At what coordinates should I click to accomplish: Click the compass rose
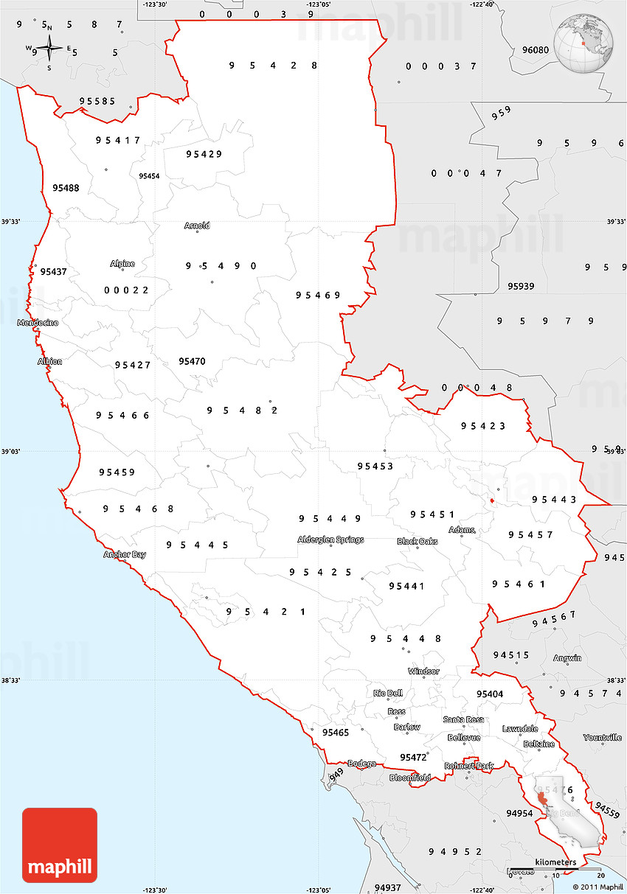click(x=49, y=51)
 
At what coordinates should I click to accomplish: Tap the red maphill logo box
click(x=59, y=845)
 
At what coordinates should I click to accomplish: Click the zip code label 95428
click(x=273, y=66)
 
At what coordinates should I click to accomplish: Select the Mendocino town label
click(x=38, y=323)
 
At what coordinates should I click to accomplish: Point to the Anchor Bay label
click(x=125, y=554)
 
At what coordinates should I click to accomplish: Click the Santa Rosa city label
click(x=463, y=719)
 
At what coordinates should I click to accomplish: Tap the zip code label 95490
click(x=221, y=266)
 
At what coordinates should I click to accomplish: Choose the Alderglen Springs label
click(x=330, y=539)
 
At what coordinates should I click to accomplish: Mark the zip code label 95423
click(x=483, y=426)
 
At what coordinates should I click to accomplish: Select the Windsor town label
click(x=423, y=671)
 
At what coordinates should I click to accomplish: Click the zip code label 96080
click(x=536, y=50)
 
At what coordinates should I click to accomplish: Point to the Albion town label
click(x=50, y=362)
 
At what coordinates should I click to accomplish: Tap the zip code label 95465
click(x=336, y=733)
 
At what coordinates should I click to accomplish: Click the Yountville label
click(x=602, y=738)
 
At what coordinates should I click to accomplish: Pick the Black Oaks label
click(x=418, y=541)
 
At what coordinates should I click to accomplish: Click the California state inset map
click(x=564, y=811)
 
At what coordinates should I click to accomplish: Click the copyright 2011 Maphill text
click(x=597, y=887)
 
